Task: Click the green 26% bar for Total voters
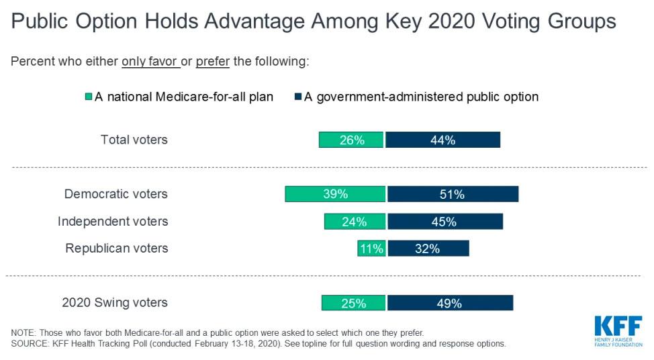coord(351,140)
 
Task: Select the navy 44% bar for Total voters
coord(443,140)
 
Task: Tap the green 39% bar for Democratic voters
coord(336,194)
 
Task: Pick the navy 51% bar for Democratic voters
coord(453,194)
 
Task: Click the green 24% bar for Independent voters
coord(355,222)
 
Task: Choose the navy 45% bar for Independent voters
coord(445,222)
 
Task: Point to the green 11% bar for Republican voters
coord(371,249)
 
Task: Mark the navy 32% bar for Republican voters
coord(428,249)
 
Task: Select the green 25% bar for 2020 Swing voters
coord(353,303)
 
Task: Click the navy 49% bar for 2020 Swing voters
coord(450,303)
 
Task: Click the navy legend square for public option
coord(297,97)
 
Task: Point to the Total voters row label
coord(134,140)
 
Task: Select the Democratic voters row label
coord(115,194)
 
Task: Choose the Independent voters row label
coord(112,222)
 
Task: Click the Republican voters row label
coord(116,249)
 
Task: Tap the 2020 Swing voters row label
coord(114,303)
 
